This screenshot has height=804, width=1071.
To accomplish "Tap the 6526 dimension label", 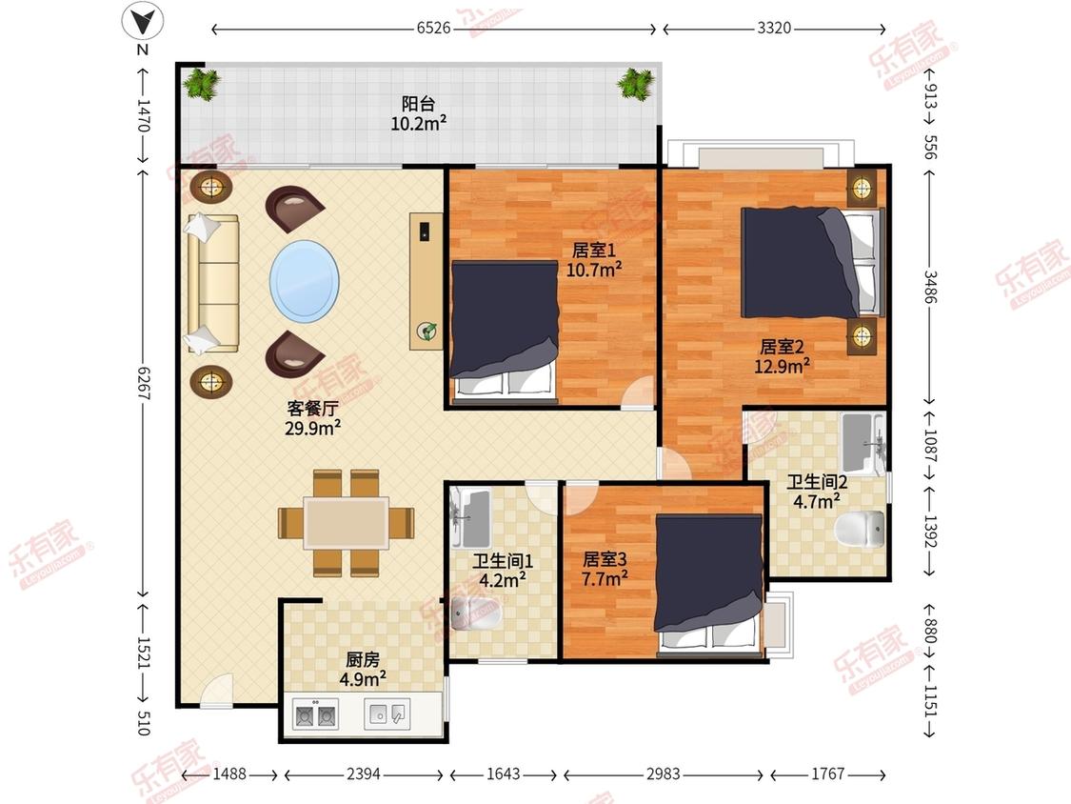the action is pos(434,28).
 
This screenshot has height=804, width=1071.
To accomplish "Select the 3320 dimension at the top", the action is pos(774,28).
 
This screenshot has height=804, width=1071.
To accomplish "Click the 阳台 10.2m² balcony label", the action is pos(419,113).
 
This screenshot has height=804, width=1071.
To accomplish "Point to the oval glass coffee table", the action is pos(305,281).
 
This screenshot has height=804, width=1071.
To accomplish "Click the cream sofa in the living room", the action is pos(213,283).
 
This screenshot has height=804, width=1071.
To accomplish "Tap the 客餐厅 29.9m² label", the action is pos(313,418).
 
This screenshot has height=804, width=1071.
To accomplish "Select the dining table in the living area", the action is pos(347,523).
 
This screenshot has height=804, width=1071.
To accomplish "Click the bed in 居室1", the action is pos(505,328).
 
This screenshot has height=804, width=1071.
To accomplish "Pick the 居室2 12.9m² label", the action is pos(783,356).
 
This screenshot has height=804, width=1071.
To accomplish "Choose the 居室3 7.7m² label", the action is pos(605,570).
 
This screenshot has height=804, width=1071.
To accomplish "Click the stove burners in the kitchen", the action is pos(315,714).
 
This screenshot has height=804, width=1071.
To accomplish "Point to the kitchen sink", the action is pos(387,714).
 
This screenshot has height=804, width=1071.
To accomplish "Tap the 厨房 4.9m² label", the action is pos(363,670).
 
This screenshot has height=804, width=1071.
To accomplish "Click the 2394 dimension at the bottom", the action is pos(364,774).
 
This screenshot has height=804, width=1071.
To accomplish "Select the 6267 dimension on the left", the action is pos(144,383).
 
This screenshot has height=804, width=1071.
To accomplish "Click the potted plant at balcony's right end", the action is pos(636,84).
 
